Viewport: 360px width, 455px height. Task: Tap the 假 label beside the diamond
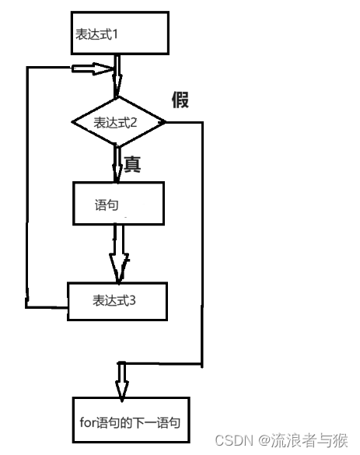pos(180,100)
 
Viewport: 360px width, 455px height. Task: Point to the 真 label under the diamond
pos(131,164)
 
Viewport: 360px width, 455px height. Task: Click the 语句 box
pos(118,204)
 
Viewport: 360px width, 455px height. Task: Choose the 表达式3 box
pos(117,300)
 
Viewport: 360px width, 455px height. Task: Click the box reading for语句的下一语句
pos(130,423)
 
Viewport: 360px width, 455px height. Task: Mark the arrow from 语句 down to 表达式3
pos(117,253)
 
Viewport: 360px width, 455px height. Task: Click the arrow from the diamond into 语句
pos(116,165)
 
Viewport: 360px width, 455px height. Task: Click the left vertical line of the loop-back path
pos(27,187)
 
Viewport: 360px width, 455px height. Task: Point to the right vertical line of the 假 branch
pos(202,241)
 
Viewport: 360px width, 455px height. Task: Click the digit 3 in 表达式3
pos(133,301)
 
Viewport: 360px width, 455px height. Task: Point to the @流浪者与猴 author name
pos(304,441)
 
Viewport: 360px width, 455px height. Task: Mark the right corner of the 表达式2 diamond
pos(165,122)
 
